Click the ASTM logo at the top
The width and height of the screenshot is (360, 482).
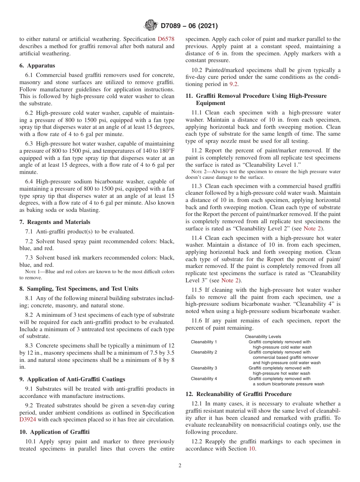tap(150, 26)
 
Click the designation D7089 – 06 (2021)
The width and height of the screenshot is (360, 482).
tap(189, 26)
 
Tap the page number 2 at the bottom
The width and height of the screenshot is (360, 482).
tap(180, 466)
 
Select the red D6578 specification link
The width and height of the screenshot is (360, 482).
tap(166, 39)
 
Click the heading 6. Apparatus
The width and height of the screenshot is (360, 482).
tap(37, 66)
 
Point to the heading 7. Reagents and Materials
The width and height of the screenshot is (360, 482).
tap(55, 222)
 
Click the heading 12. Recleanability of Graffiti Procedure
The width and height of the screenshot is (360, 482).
tap(238, 394)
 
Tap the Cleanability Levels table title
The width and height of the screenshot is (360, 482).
tap(263, 336)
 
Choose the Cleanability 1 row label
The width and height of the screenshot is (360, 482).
tap(204, 342)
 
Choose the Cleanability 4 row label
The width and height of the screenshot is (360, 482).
tap(204, 379)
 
